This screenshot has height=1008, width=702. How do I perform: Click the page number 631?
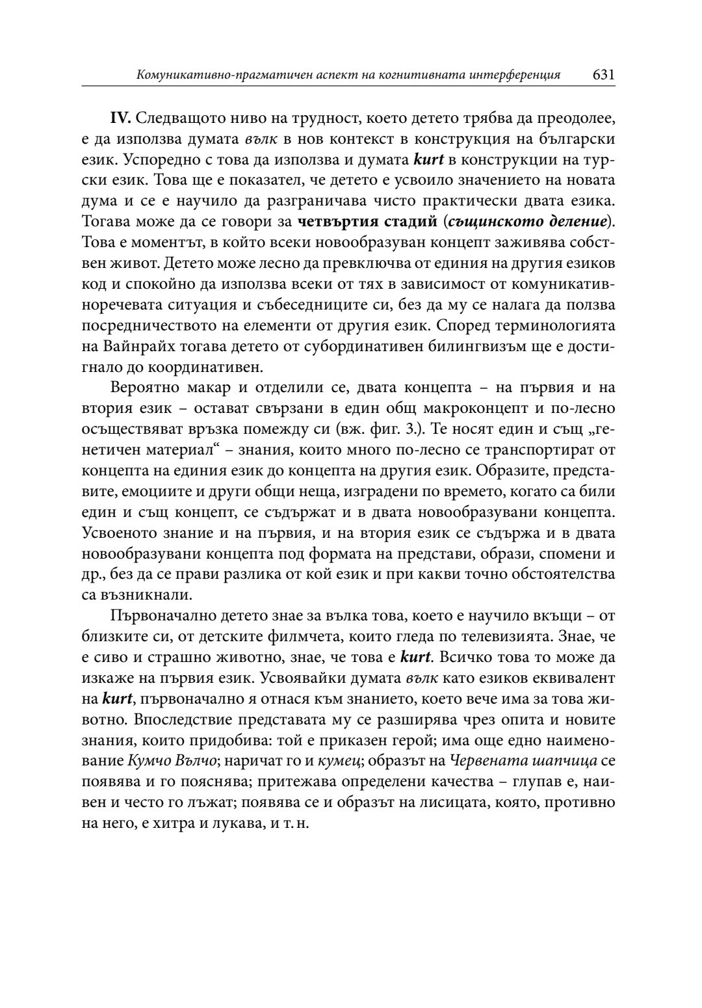[603, 75]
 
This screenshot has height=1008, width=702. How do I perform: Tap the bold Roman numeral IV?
[121, 120]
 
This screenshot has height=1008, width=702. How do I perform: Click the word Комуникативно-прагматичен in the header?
[209, 75]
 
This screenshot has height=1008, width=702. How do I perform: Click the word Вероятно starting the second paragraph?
[144, 388]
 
